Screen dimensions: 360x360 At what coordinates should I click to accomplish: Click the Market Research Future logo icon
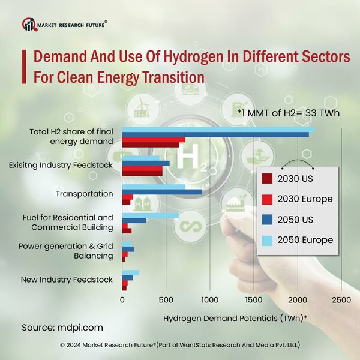(x=29, y=25)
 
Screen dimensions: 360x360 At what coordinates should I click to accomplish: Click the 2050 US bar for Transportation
(x=161, y=192)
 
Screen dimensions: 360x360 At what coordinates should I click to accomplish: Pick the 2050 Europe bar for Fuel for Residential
(x=151, y=215)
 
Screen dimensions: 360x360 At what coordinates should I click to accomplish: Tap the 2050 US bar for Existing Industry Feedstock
(x=146, y=163)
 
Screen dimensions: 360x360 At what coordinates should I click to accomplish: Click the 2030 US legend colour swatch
(x=267, y=178)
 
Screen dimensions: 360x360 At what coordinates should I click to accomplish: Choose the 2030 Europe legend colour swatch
(x=267, y=199)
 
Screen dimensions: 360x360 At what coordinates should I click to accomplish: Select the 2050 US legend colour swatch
(x=267, y=220)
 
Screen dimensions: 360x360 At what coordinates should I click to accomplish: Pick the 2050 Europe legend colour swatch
(x=267, y=240)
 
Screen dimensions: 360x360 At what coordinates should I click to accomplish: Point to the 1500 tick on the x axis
(x=253, y=299)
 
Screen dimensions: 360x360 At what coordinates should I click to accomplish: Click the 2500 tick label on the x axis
(x=341, y=299)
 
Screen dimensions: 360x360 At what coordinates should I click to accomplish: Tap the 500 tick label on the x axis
(x=166, y=299)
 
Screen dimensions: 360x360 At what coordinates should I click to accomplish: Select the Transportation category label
(x=84, y=193)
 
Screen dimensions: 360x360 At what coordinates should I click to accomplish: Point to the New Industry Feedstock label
(x=67, y=280)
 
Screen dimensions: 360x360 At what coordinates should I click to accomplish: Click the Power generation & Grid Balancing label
(x=65, y=251)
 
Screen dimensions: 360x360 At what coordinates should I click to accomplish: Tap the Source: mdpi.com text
(x=62, y=328)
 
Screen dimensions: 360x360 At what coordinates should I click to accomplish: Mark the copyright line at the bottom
(x=180, y=346)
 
